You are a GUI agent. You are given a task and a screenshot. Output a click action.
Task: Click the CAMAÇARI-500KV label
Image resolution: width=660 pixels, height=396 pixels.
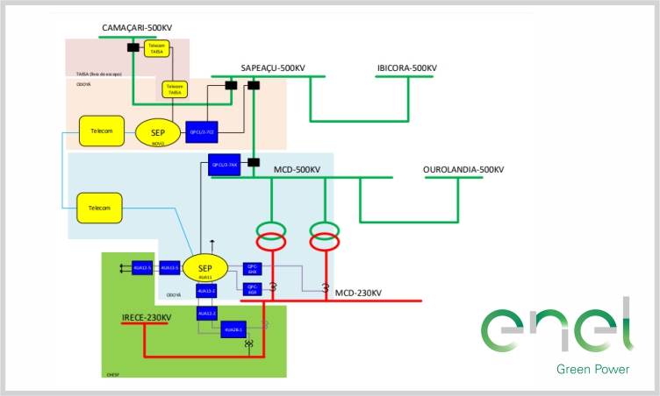point(138,29)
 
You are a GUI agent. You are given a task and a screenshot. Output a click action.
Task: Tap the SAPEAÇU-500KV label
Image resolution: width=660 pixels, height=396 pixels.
point(273,68)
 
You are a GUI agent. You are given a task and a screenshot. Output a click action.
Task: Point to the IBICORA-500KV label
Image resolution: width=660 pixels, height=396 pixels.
point(407,68)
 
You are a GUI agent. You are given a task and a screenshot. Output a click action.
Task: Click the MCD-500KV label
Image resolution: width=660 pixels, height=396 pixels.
point(298,169)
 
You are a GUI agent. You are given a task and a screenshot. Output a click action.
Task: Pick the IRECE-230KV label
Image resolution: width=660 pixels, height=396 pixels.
point(147,316)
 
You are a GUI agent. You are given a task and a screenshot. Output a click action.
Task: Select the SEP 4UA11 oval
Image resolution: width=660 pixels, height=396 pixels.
point(205,269)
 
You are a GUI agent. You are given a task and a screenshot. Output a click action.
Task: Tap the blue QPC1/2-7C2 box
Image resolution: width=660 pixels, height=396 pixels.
point(202,132)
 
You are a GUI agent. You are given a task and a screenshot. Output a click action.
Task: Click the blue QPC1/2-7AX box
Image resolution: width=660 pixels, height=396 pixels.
point(225,165)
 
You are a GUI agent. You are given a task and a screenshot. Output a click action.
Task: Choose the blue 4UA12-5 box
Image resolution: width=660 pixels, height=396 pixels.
point(142,268)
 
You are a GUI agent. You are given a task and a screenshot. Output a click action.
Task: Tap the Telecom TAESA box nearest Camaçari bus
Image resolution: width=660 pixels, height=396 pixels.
point(157,48)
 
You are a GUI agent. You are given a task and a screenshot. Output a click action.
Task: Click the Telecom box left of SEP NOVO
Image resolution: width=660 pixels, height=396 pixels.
point(102,131)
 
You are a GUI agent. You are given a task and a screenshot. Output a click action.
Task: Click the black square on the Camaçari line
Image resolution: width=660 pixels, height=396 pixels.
point(133,46)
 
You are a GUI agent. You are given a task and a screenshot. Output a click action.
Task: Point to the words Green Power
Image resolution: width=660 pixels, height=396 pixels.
point(592,369)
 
